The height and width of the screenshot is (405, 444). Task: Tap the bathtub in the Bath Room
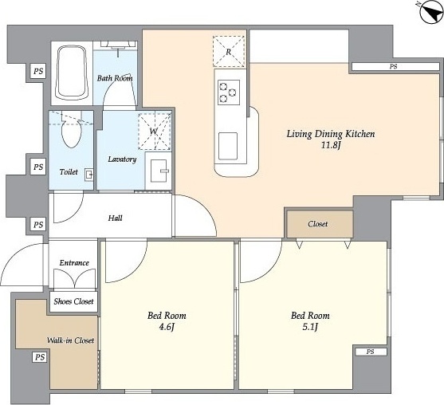click(x=72, y=73)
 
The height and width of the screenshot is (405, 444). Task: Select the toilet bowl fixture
click(x=71, y=132)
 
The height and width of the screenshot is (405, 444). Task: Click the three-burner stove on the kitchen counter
click(x=228, y=92)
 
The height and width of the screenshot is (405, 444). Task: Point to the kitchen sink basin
click(x=228, y=146)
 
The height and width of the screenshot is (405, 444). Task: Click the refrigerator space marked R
click(x=229, y=52)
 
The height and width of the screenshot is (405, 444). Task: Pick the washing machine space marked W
click(x=155, y=132)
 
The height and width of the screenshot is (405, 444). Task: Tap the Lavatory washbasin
click(x=159, y=171)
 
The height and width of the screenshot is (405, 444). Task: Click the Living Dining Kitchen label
click(x=331, y=134)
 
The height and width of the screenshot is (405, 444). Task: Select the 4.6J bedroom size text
click(x=167, y=328)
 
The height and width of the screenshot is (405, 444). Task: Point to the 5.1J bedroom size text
click(x=310, y=328)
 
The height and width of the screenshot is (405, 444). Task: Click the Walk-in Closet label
click(x=70, y=340)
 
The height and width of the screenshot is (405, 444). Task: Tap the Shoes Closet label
click(x=73, y=301)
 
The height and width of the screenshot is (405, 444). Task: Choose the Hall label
click(x=116, y=218)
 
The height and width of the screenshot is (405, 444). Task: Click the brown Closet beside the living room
click(x=320, y=224)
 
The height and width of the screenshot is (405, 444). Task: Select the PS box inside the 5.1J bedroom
click(x=371, y=352)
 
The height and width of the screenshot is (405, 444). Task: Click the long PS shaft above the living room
click(x=395, y=66)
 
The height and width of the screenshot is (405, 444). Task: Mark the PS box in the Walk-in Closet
click(x=40, y=357)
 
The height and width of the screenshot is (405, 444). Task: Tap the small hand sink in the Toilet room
click(x=89, y=175)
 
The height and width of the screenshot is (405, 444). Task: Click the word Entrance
click(x=74, y=263)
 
